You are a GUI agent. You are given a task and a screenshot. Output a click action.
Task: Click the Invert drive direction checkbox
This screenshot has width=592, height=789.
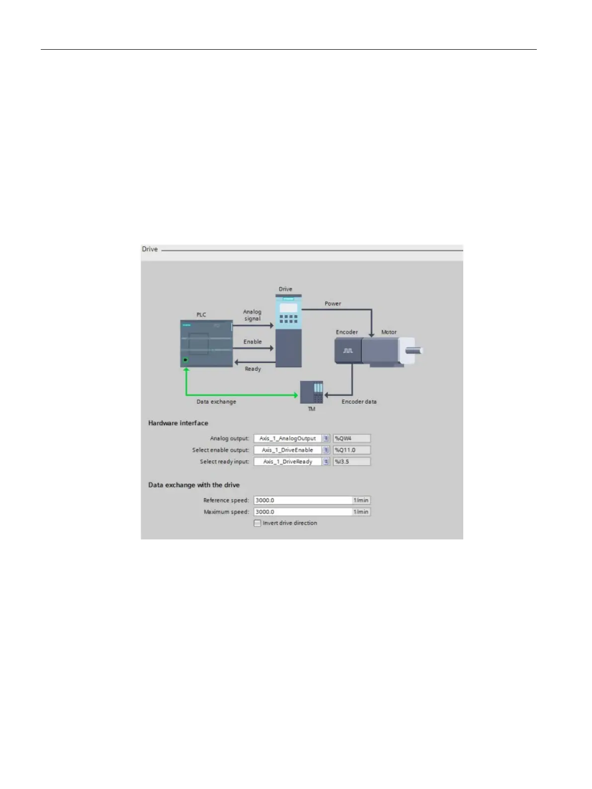[257, 523]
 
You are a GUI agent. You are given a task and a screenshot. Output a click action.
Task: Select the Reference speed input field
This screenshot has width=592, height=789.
[302, 500]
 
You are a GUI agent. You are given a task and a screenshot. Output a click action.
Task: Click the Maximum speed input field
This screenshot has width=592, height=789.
[302, 512]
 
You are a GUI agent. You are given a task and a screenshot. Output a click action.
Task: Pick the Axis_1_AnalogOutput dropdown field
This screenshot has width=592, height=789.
[288, 438]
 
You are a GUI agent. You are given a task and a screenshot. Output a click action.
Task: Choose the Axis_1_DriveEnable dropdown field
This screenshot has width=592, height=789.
[288, 450]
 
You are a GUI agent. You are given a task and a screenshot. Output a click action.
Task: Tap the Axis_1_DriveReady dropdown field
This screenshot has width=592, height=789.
[288, 461]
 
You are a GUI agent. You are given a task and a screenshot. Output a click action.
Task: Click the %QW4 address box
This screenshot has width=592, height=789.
[351, 438]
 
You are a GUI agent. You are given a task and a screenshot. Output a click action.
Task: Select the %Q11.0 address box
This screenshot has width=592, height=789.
[351, 450]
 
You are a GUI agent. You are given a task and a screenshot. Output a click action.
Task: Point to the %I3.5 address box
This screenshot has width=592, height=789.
[351, 461]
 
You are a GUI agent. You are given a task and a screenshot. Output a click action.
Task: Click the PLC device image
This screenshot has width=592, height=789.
[206, 344]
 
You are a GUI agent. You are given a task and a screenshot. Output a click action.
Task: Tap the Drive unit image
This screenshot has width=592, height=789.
[288, 331]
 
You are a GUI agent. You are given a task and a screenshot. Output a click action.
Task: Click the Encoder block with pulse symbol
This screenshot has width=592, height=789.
[347, 351]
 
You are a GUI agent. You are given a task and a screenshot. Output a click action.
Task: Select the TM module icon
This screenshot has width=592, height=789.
[312, 392]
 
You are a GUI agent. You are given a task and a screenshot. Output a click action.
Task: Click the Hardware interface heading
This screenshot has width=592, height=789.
[178, 423]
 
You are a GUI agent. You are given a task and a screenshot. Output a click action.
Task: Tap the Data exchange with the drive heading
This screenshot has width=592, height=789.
[194, 485]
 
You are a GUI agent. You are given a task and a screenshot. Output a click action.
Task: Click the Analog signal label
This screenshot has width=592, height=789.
[252, 315]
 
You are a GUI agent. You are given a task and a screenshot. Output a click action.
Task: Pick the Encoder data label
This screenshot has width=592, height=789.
[359, 402]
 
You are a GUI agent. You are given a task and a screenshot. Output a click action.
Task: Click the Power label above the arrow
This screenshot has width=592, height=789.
[333, 303]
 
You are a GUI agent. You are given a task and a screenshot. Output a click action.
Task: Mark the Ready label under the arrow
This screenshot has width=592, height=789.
[253, 369]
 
